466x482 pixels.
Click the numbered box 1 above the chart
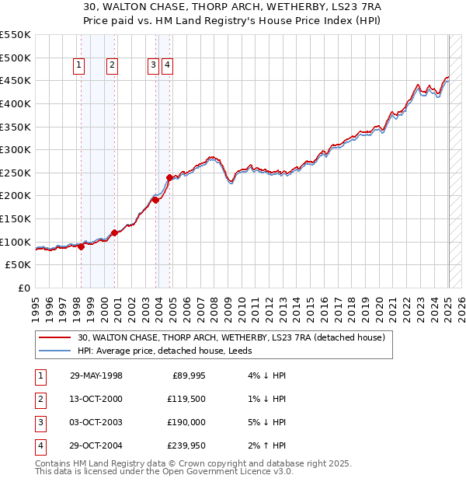(x=80, y=66)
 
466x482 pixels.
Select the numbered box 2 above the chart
(x=113, y=66)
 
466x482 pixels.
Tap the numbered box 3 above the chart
(x=153, y=66)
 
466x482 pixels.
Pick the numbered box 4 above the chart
(x=167, y=66)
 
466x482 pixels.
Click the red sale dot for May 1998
(x=81, y=246)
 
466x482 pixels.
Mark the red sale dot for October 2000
(x=114, y=232)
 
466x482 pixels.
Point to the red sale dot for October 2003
(x=155, y=200)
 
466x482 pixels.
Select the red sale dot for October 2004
(x=170, y=177)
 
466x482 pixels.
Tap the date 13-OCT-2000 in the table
(x=96, y=399)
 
